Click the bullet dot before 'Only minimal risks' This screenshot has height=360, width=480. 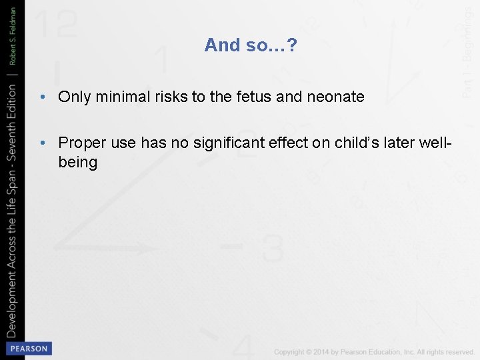click(x=42, y=97)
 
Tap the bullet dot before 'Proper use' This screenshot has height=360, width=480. click(x=42, y=142)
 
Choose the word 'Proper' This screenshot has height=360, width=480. click(x=81, y=142)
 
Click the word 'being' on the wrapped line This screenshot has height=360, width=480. click(x=78, y=162)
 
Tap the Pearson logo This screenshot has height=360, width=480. click(x=28, y=349)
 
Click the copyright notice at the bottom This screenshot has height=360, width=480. click(x=374, y=352)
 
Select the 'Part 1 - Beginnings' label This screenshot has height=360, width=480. click(x=469, y=49)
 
